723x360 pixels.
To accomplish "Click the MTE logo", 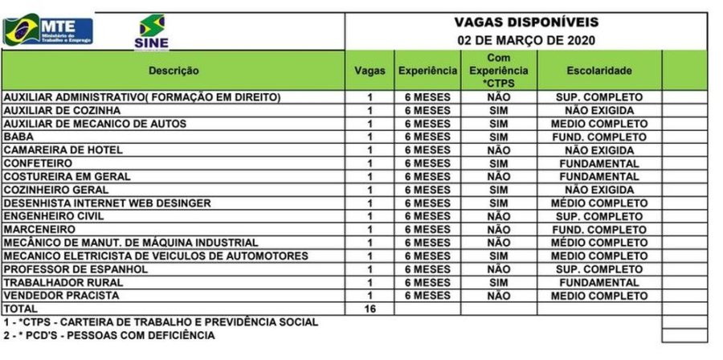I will (x=48, y=31).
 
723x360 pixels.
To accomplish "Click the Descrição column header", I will (x=174, y=72).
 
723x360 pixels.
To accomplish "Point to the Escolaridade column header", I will (x=598, y=72).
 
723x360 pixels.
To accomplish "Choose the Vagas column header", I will (x=370, y=72).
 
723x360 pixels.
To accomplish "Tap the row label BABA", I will (x=18, y=137).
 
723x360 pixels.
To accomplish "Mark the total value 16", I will (x=370, y=309).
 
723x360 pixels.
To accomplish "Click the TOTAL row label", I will (x=22, y=309).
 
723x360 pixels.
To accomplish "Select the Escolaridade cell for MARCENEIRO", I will (x=598, y=230).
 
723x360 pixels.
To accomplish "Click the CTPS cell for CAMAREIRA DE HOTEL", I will (x=498, y=150).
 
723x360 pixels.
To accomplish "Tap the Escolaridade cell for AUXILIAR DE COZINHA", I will (x=598, y=111).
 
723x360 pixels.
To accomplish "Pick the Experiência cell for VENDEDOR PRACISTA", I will (x=427, y=296).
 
